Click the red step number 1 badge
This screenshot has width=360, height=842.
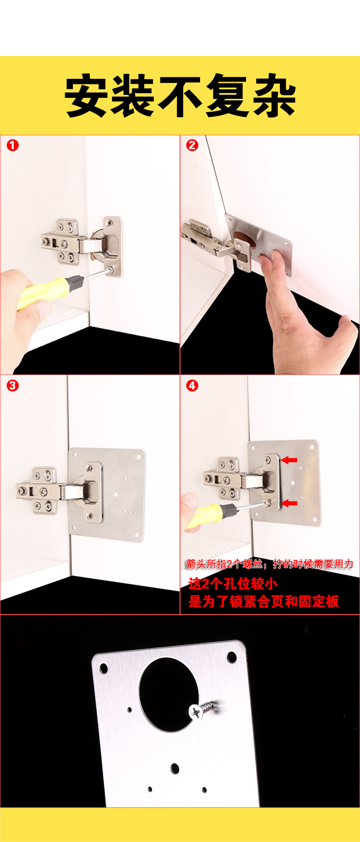(13, 146)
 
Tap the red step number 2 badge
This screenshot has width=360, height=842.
(192, 146)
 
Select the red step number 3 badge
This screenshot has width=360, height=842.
(13, 385)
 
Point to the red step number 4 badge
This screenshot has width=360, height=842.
(192, 385)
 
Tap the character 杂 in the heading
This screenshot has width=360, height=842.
(273, 96)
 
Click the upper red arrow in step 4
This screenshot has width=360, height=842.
(289, 460)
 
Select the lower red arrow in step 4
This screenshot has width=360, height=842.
(289, 503)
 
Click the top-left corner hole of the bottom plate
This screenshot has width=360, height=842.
(103, 669)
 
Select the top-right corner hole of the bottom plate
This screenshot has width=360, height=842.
(231, 657)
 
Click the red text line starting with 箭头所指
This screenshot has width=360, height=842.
(269, 564)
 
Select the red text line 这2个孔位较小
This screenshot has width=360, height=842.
(233, 584)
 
